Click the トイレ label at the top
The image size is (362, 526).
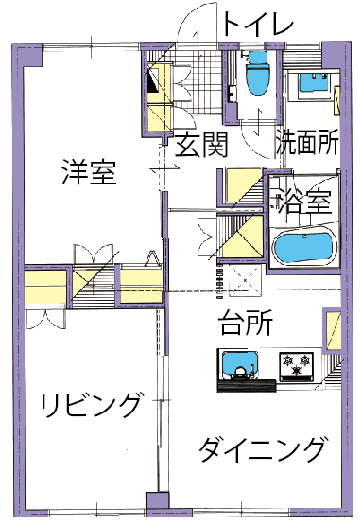click(257, 23)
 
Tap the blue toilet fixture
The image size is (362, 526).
click(257, 73)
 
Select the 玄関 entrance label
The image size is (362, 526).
click(201, 145)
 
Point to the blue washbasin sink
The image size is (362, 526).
click(314, 82)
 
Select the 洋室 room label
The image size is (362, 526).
click(89, 172)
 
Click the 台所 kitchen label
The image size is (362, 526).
click(246, 323)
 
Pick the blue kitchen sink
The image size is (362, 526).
click(240, 364)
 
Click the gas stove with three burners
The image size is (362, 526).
click(296, 366)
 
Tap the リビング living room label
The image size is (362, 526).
click(90, 405)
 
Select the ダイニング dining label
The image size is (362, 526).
click(262, 448)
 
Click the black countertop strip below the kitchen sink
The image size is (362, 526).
click(247, 385)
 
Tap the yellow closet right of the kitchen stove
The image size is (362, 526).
click(333, 330)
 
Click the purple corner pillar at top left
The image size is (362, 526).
click(26, 55)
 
